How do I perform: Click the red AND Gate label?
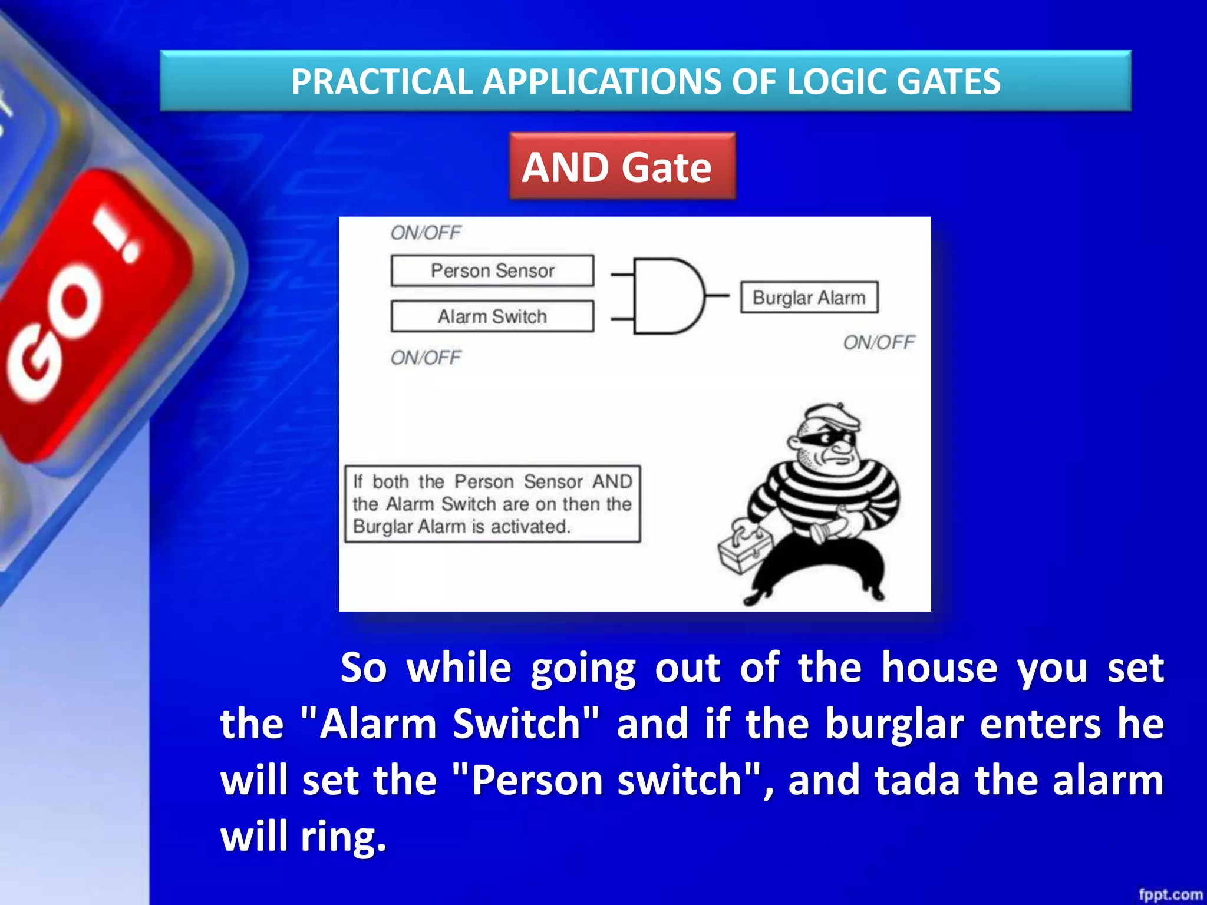pyautogui.click(x=622, y=166)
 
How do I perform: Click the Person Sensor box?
pyautogui.click(x=492, y=270)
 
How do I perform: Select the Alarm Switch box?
pyautogui.click(x=492, y=316)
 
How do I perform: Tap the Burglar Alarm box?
pyautogui.click(x=809, y=298)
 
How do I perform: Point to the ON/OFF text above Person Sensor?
pyautogui.click(x=426, y=233)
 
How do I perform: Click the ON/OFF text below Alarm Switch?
pyautogui.click(x=426, y=358)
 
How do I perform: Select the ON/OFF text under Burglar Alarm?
pyautogui.click(x=878, y=342)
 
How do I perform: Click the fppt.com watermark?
pyautogui.click(x=1170, y=894)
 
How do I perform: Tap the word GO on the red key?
pyautogui.click(x=53, y=336)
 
